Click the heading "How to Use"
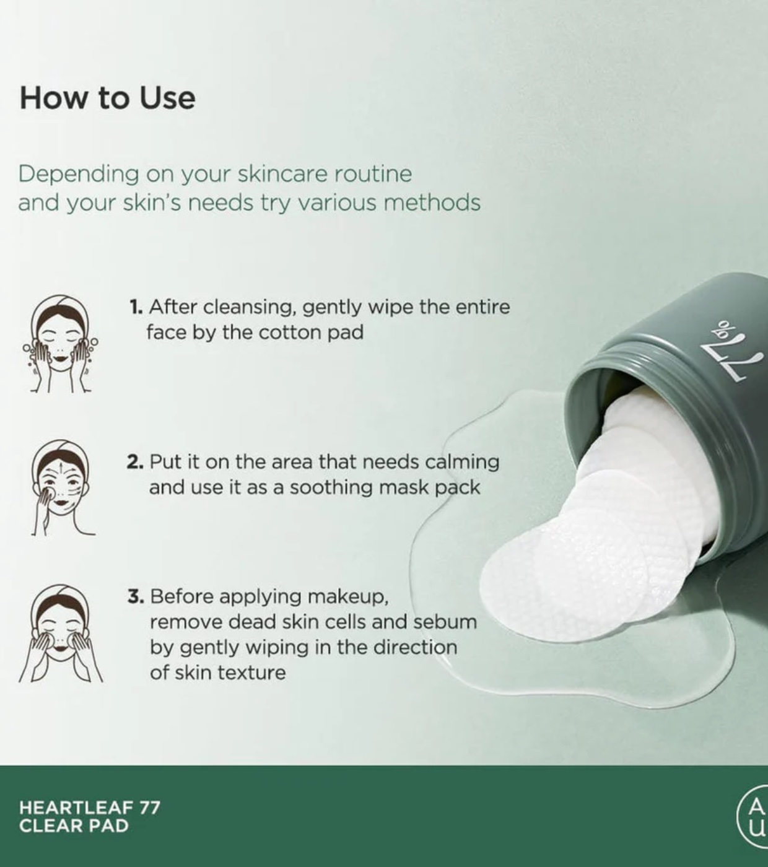tap(107, 98)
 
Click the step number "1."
tap(136, 307)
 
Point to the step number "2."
tap(136, 462)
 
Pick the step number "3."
tap(136, 596)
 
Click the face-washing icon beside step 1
tap(60, 343)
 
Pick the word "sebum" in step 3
tap(445, 622)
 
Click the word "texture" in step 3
tap(252, 673)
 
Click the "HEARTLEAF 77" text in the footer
tap(90, 808)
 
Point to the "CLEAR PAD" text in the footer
tap(74, 826)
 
